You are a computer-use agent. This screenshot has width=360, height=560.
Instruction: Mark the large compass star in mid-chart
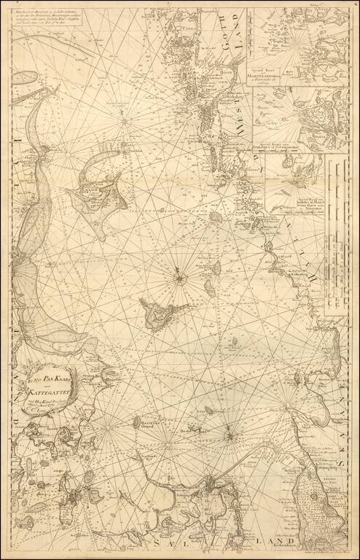[x=179, y=276]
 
